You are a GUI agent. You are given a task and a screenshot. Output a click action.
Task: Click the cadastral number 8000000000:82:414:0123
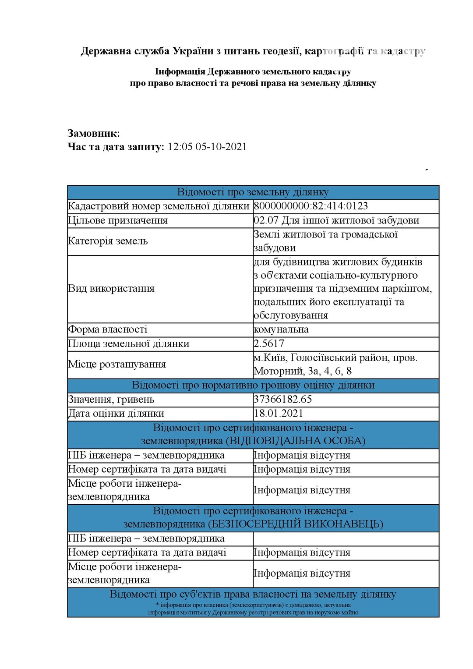[311, 206]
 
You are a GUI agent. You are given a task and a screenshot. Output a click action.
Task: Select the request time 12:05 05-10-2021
[207, 147]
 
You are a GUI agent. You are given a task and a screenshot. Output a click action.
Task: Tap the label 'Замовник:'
[93, 133]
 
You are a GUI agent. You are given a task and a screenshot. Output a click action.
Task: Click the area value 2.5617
[269, 343]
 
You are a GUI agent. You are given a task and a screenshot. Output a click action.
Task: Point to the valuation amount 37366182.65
[283, 399]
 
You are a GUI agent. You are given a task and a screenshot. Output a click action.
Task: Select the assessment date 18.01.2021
[279, 413]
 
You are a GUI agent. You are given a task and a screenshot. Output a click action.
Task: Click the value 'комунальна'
[281, 329]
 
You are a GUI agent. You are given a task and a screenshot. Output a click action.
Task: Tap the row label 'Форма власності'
[108, 329]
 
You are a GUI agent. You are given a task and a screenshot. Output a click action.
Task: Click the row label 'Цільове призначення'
[118, 220]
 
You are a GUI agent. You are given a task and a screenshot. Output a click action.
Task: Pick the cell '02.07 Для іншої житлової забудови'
[336, 220]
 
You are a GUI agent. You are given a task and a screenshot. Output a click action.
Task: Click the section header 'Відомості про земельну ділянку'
[253, 192]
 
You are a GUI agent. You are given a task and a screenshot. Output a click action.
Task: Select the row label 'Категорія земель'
[108, 241]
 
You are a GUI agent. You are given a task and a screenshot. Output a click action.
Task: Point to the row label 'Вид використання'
[111, 288]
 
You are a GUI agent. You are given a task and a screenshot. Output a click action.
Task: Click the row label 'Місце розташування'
[117, 364]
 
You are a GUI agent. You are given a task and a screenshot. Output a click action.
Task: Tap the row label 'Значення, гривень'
[111, 399]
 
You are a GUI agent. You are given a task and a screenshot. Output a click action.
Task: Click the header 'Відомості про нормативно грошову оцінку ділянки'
[253, 385]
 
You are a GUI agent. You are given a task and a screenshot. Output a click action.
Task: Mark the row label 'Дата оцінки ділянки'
[116, 413]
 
